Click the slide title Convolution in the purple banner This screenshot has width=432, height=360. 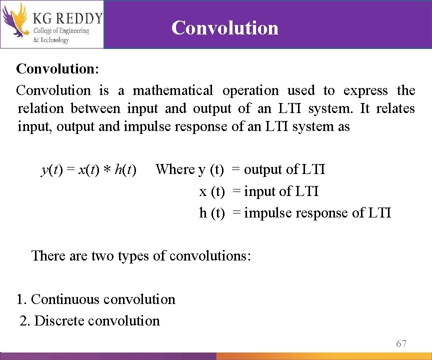click(224, 27)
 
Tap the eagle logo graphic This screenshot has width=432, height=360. click(15, 22)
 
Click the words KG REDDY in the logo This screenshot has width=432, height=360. click(67, 19)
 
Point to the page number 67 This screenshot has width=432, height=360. click(401, 343)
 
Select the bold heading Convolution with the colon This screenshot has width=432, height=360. click(57, 68)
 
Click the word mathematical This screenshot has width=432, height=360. click(172, 90)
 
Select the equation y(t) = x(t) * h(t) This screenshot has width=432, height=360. click(89, 170)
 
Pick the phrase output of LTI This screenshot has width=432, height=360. click(284, 169)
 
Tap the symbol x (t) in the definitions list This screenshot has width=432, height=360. click(212, 191)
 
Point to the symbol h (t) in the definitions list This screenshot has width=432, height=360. click(212, 213)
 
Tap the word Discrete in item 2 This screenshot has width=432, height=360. click(59, 321)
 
